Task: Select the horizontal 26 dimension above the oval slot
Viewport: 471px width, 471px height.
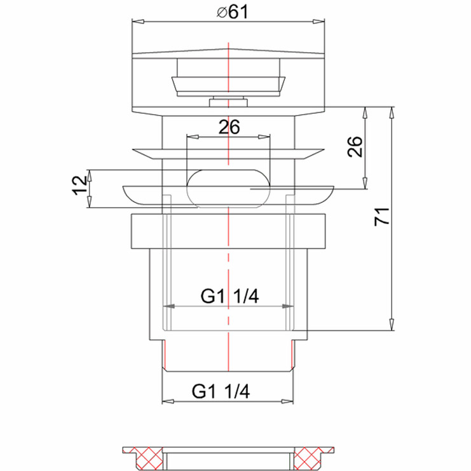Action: click(229, 127)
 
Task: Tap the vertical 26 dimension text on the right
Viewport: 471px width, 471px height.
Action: click(356, 147)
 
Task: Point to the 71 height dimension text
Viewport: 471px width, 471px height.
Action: click(381, 217)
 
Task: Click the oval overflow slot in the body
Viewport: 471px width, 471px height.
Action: click(229, 188)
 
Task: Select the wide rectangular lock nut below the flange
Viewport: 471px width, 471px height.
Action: click(229, 231)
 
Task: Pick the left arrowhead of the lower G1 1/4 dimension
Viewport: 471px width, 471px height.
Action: click(167, 401)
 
